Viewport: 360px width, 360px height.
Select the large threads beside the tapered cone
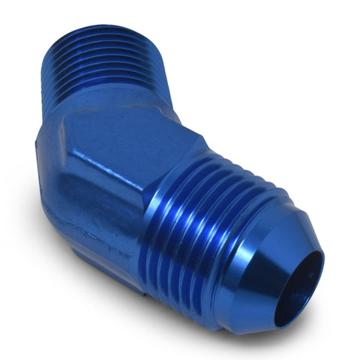pyautogui.click(x=191, y=225)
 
